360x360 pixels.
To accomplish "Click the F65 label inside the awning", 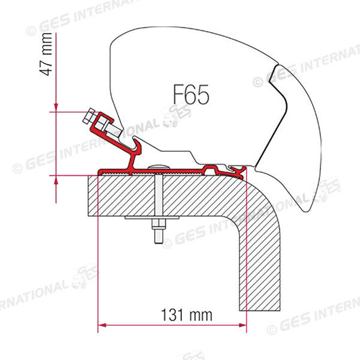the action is click(191, 94).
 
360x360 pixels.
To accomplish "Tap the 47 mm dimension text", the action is click(46, 54).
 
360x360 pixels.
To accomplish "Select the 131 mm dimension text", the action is click(187, 315).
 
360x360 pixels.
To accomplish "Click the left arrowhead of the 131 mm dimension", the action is click(102, 325).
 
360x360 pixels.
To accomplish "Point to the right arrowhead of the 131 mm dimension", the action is click(242, 325).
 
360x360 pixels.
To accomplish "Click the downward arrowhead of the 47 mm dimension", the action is click(56, 107).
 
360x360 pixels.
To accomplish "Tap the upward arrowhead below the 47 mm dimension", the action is click(56, 180).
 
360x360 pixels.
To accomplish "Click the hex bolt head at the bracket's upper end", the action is click(88, 116).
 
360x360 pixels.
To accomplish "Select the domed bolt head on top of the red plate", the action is click(158, 167).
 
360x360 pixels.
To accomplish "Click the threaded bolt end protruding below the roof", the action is click(158, 236).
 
